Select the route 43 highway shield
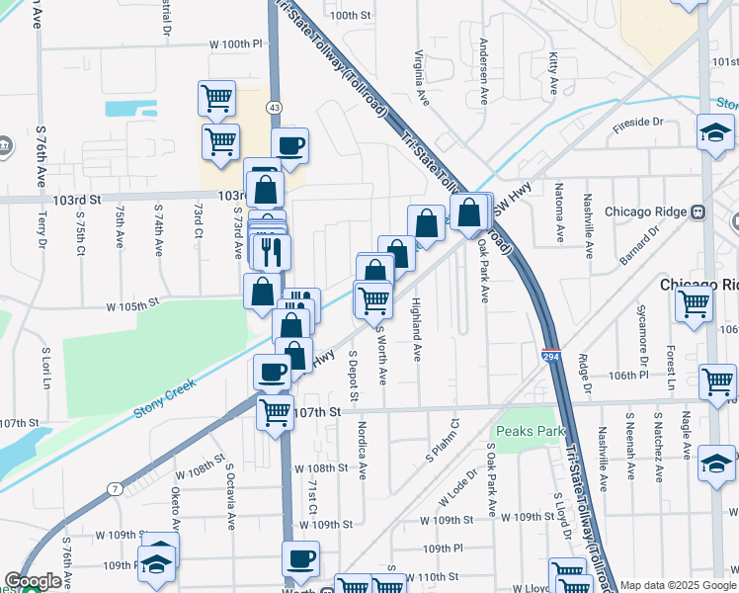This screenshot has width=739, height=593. (274, 106)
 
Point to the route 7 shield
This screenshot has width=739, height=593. (116, 489)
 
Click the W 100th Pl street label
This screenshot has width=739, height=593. (235, 44)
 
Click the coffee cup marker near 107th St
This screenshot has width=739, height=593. (273, 373)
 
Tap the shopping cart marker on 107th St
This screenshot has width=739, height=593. (276, 413)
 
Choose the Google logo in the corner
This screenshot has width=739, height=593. (33, 582)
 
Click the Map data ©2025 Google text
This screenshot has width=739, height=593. (677, 585)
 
